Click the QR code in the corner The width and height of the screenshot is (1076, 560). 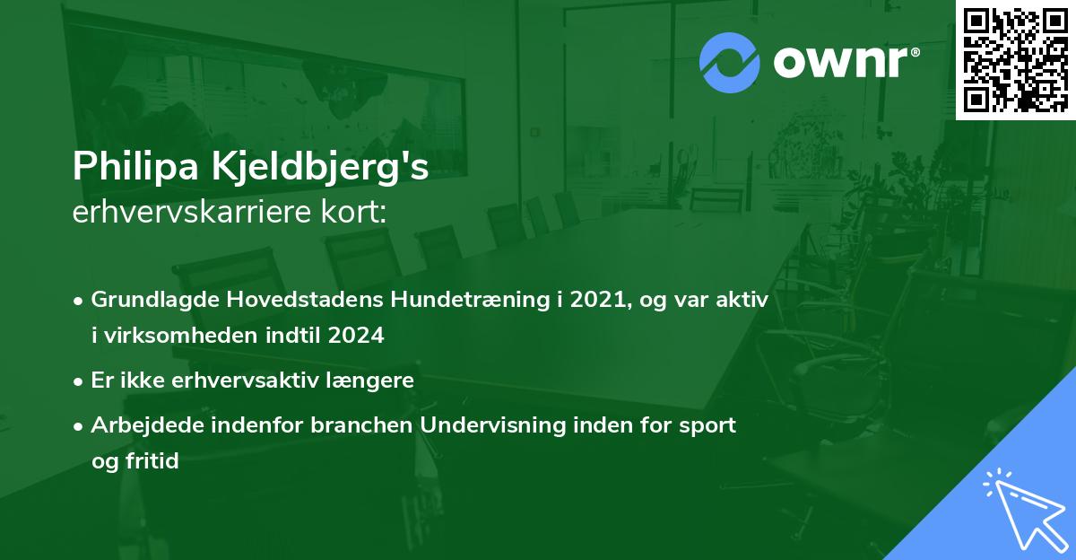1016,59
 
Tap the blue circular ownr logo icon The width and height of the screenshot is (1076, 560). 730,63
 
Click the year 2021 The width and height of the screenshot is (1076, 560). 593,301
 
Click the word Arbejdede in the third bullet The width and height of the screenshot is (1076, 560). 140,424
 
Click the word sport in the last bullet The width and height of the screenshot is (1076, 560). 709,424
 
